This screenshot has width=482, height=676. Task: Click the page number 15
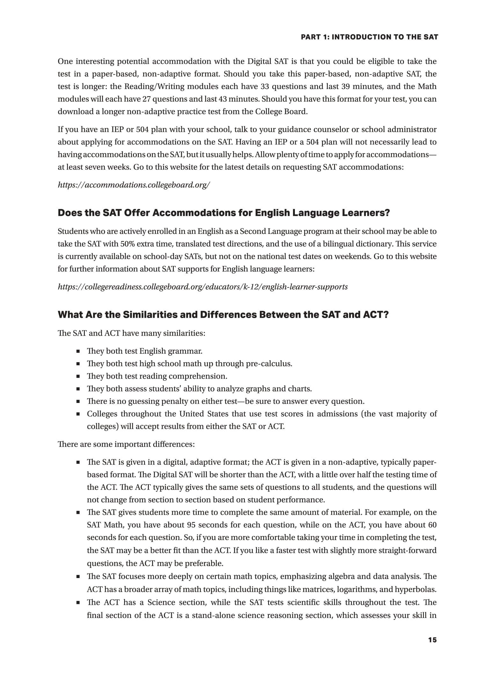[x=432, y=640]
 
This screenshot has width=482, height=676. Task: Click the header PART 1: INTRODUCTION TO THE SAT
[x=369, y=37]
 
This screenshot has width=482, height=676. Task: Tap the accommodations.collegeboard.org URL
[x=134, y=185]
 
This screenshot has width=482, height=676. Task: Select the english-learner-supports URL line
[x=202, y=287]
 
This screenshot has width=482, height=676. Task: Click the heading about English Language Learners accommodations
[x=224, y=213]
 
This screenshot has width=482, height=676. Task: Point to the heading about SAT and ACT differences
[x=223, y=315]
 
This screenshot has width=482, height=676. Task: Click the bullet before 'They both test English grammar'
[x=78, y=352]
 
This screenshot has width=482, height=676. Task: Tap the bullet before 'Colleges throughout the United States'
[x=78, y=414]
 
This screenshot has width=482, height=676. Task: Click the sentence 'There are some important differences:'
[x=126, y=444]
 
